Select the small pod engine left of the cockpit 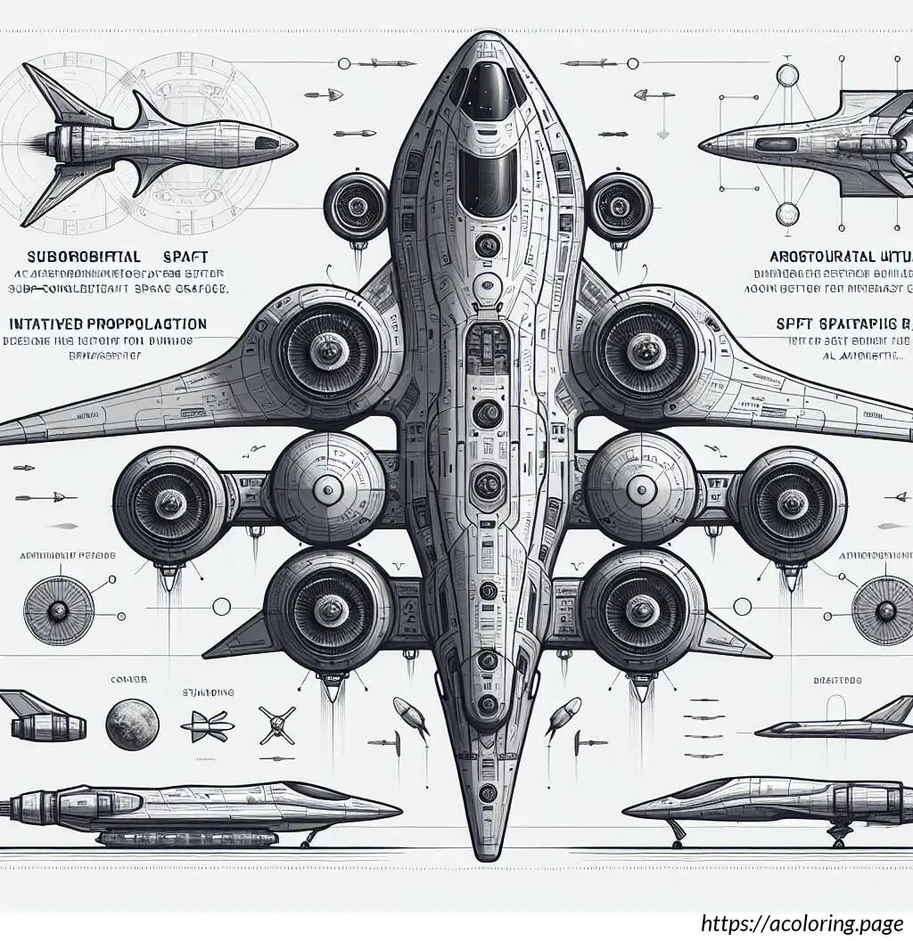click(357, 207)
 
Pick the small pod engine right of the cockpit click(618, 207)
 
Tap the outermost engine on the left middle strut click(169, 504)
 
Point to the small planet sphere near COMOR click(132, 724)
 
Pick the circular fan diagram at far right click(884, 610)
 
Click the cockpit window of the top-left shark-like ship click(265, 142)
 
